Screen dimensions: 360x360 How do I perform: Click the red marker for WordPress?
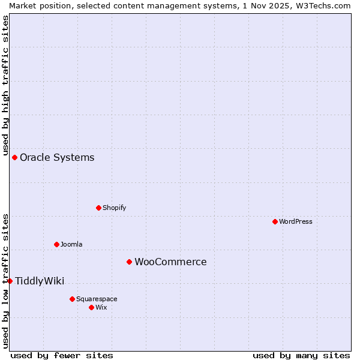pos(275,221)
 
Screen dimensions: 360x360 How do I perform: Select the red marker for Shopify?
pos(98,208)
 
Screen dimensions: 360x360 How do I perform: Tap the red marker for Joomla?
pos(56,244)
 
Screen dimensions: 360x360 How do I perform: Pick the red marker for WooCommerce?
pos(129,262)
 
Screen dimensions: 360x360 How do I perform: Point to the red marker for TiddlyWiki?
pos(10,281)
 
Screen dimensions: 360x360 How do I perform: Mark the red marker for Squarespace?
pos(72,299)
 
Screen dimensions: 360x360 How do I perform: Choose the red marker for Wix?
pos(91,307)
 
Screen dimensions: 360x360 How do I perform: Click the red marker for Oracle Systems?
pos(14,157)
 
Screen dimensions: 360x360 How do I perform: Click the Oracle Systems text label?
pos(57,158)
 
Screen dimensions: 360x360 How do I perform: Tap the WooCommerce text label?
pos(170,262)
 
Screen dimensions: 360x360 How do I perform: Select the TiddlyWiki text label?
pos(40,281)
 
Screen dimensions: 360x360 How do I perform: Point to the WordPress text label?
pos(295,222)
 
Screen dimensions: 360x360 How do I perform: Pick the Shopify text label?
pos(114,208)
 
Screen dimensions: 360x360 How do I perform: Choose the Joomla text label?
pos(71,245)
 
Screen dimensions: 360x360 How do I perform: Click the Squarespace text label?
pos(97,299)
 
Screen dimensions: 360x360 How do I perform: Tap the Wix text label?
pos(101,308)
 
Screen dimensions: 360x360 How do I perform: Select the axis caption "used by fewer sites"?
pos(62,355)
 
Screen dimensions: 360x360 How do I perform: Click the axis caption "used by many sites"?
pos(301,355)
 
